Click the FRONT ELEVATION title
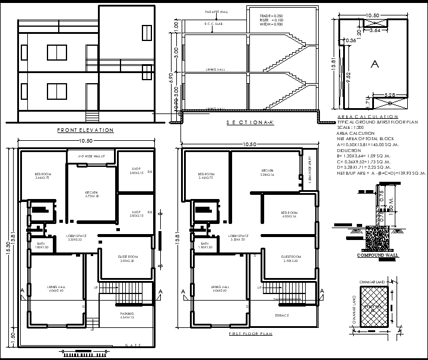pos(85,130)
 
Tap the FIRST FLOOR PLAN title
pos(251,334)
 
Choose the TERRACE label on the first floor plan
pos(283,315)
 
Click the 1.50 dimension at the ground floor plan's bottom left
pos(13,335)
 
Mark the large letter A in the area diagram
pos(374,63)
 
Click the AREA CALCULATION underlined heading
pos(367,116)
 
